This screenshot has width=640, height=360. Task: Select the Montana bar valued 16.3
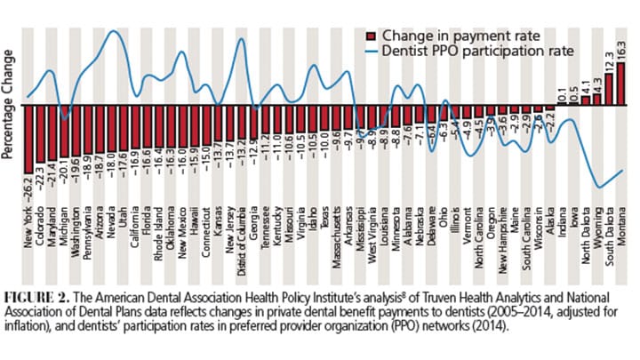click(620, 84)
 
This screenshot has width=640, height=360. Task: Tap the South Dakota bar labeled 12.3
click(609, 89)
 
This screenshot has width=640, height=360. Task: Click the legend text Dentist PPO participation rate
click(476, 52)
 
